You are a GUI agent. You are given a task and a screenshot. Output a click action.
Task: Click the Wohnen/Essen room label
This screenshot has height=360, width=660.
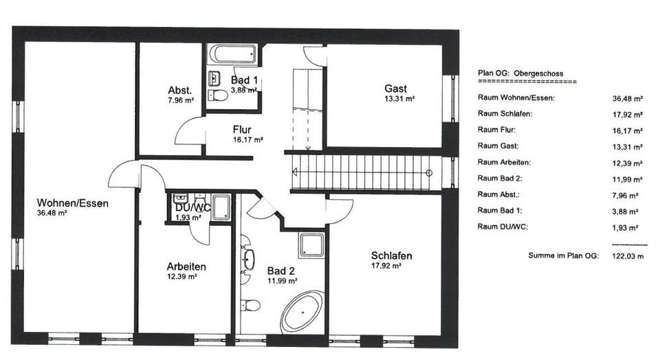73,203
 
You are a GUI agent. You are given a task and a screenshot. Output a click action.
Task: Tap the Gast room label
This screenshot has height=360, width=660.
395,89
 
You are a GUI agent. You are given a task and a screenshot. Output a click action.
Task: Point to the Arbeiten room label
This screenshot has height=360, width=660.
186,267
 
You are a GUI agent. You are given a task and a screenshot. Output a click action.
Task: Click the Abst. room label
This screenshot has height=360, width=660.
179,91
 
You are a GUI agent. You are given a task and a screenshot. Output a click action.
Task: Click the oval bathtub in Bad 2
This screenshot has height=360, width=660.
304,313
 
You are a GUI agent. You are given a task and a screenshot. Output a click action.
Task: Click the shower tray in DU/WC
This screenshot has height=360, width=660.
221,207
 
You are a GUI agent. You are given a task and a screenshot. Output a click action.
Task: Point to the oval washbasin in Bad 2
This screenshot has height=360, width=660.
249,260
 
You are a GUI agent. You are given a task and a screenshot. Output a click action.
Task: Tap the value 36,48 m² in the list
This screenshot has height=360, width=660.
627,98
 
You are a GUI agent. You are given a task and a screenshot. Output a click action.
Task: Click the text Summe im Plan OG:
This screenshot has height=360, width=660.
563,256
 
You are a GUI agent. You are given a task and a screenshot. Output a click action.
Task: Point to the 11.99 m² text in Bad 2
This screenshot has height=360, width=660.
282,280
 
